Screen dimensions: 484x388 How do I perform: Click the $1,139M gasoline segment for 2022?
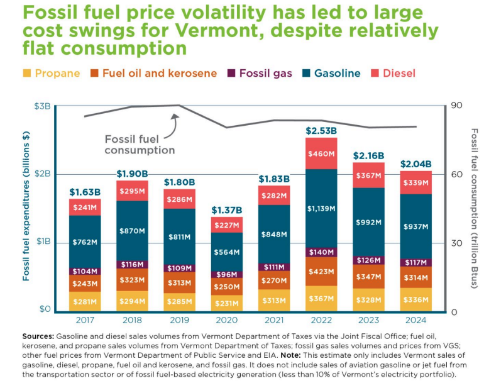pyautogui.click(x=321, y=209)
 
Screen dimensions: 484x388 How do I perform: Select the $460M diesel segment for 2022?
pyautogui.click(x=321, y=153)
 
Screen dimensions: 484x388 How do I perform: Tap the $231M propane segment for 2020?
pyautogui.click(x=227, y=303)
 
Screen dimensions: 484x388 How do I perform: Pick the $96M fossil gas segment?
pyautogui.click(x=227, y=274)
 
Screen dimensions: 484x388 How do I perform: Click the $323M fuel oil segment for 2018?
pyautogui.click(x=133, y=280)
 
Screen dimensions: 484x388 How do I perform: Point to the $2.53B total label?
pyautogui.click(x=321, y=131)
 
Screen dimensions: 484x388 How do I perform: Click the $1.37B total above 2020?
pyautogui.click(x=227, y=211)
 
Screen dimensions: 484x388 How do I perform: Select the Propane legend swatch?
pyautogui.click(x=27, y=73)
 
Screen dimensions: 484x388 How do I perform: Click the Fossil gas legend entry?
pyautogui.click(x=260, y=73)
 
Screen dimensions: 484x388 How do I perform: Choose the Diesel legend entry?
pyautogui.click(x=393, y=73)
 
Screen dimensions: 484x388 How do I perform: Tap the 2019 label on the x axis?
pyautogui.click(x=179, y=320)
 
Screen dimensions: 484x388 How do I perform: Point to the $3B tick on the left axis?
pyautogui.click(x=42, y=106)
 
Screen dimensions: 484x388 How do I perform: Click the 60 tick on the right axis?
pyautogui.click(x=457, y=175)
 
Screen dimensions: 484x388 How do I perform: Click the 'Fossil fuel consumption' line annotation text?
pyautogui.click(x=140, y=145)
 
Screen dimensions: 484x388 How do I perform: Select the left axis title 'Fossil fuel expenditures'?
pyautogui.click(x=26, y=206)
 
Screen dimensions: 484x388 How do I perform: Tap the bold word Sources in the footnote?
pyautogui.click(x=38, y=336)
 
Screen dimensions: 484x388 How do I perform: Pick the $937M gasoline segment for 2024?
pyautogui.click(x=415, y=226)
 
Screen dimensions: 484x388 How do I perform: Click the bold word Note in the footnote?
pyautogui.click(x=290, y=355)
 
